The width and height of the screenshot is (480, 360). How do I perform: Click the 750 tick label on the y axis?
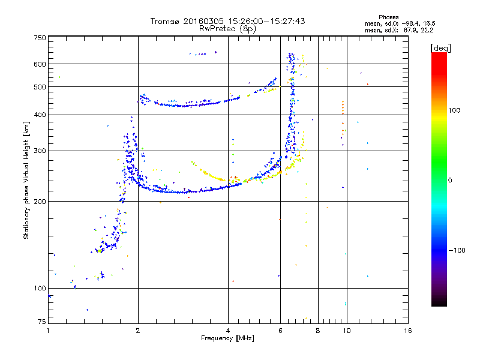coord(40,38)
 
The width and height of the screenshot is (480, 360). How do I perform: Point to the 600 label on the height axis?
coord(40,64)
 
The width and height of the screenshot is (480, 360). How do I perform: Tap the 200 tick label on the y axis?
coord(40,202)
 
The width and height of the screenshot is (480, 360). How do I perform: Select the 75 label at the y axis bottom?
coord(42,322)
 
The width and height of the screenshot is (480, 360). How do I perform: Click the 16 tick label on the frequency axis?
coord(408,331)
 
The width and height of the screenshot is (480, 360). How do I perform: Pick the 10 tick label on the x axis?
coord(347,331)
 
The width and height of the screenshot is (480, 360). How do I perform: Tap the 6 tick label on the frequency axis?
coord(280,331)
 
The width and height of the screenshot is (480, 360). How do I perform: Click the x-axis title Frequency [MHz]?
coord(227,338)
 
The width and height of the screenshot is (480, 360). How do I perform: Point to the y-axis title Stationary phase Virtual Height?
coord(26,181)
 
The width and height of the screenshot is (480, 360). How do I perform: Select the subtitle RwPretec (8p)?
coord(227,29)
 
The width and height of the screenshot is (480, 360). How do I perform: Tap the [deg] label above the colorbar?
coord(440,48)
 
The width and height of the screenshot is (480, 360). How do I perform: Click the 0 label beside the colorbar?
coord(450,181)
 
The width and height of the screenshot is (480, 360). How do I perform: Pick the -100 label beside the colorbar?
coord(457,250)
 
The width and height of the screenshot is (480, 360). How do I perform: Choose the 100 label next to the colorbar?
coord(454,110)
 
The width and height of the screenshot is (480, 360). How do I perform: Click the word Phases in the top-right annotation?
coord(388,17)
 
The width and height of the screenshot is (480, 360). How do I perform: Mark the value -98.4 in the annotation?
coord(411,24)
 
